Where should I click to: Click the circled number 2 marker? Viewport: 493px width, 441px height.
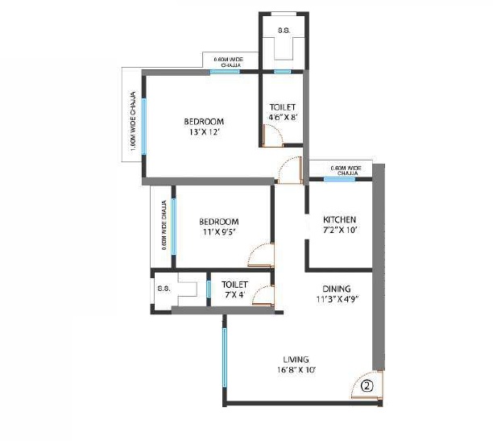point(367,385)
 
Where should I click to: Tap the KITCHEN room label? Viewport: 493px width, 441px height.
point(339,220)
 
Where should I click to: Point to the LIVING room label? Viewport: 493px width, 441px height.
point(296,359)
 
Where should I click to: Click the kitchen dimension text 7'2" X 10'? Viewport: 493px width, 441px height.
point(339,231)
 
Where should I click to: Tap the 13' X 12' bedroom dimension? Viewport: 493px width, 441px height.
point(204,132)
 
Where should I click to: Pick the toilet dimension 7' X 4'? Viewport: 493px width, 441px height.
point(234,295)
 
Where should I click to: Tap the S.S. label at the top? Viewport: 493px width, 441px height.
point(283,30)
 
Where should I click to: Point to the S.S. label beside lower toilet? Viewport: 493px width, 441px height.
point(162,289)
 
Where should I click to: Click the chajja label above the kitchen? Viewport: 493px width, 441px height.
point(347,170)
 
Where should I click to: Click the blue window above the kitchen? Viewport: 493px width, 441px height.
point(339,179)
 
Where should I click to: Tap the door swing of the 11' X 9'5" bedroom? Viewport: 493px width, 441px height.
point(262,258)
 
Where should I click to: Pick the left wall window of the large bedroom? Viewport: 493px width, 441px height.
point(144,125)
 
